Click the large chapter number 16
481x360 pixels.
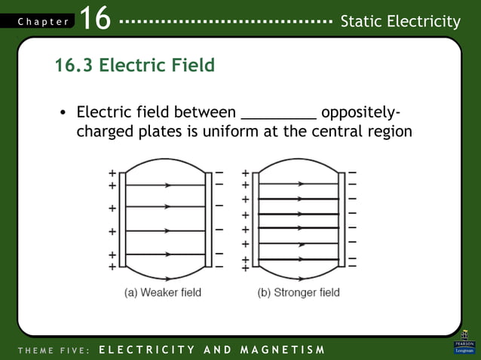(94, 18)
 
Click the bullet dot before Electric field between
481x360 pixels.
(63, 114)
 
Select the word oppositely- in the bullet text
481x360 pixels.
(360, 113)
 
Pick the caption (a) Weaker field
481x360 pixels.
(163, 292)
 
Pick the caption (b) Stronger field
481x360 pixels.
(299, 292)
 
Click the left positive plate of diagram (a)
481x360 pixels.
(122, 219)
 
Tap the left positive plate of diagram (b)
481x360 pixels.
(256, 219)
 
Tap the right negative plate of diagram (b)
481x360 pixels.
(342, 219)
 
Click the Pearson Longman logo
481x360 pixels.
(464, 343)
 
